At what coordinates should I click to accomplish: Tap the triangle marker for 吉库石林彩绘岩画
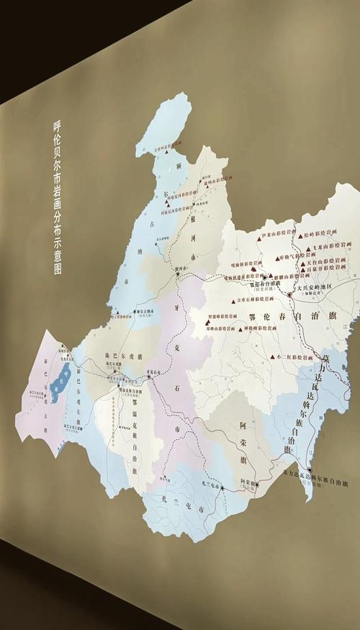click(x=230, y=301)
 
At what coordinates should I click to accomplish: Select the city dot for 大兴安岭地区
click(x=289, y=294)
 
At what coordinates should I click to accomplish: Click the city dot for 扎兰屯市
click(x=204, y=489)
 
